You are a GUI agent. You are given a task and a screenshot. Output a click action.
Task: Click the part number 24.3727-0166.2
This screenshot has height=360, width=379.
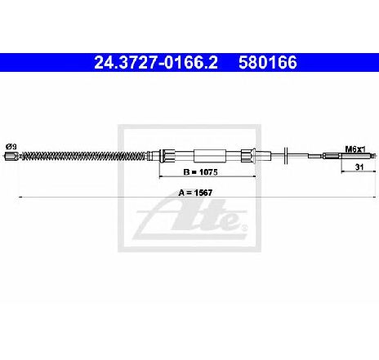[x=156, y=63]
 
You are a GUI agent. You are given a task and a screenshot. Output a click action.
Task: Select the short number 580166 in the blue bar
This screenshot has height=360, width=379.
[x=268, y=63]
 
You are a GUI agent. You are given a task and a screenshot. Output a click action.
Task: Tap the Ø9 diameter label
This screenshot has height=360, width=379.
[x=11, y=147]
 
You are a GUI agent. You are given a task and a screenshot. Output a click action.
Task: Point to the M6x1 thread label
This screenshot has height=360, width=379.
[x=355, y=149]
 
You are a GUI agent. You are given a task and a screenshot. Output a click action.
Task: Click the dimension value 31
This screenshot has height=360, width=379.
[x=359, y=167]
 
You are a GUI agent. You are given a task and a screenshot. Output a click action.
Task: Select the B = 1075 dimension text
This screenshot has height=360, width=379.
[x=201, y=172]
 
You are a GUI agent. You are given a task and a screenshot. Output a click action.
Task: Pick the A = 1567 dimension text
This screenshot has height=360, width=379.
[x=195, y=193]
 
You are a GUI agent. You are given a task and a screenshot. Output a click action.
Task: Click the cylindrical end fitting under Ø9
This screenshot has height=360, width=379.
[x=11, y=156]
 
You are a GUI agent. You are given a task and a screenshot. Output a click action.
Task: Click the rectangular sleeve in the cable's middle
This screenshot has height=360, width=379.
[x=210, y=156]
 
